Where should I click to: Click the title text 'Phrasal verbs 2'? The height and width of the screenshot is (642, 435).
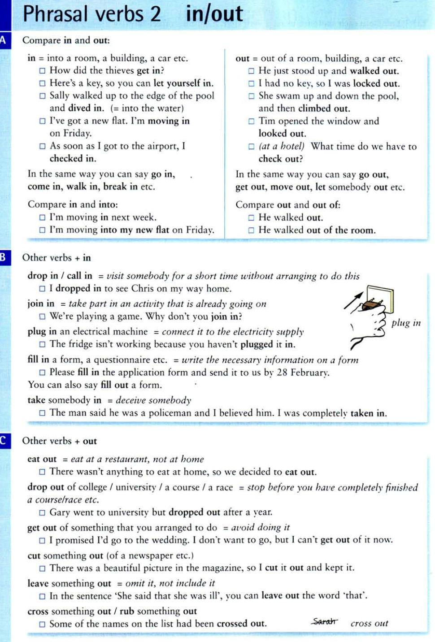coord(92,14)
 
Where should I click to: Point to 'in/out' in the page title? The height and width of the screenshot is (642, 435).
coord(214,14)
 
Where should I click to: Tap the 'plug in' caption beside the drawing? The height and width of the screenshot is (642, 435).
coord(406,323)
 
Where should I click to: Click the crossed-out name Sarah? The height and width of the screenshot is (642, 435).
coord(324,622)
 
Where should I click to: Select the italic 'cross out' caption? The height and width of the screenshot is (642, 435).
coord(369,623)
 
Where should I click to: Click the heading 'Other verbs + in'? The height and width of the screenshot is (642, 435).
coord(57,258)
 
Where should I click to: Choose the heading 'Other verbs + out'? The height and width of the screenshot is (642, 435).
coord(59,441)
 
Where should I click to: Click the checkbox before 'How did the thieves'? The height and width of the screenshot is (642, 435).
coord(42,70)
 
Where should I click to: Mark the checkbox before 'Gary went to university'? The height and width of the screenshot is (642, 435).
coord(42,512)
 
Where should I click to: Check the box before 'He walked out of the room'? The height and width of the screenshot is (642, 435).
coord(251,230)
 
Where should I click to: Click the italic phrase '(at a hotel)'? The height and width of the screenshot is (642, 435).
coord(282,147)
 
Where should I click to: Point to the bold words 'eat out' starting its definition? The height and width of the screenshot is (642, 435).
coord(42,459)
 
